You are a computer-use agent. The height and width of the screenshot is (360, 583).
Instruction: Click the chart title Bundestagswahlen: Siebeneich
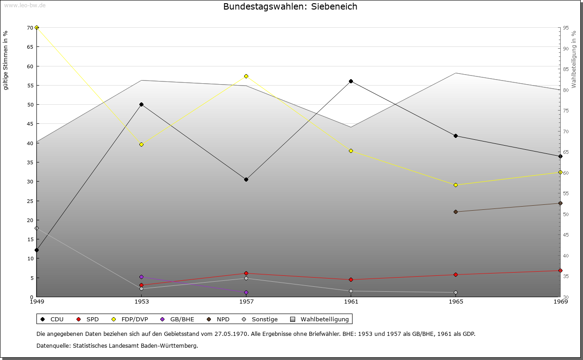point(290,7)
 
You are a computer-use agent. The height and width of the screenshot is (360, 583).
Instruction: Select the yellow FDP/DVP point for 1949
point(36,28)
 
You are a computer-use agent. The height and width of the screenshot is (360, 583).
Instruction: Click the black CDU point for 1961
point(351,81)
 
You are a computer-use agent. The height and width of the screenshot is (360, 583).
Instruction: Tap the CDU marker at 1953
point(141,104)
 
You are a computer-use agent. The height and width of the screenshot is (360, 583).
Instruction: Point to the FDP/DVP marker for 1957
point(246,76)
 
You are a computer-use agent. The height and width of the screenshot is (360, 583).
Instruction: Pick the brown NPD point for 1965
point(455,212)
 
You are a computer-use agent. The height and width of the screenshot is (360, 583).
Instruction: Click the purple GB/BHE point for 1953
point(141,277)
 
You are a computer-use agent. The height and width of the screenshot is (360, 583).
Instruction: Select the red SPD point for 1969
point(560,270)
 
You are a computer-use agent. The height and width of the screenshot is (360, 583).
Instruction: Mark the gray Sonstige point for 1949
point(36,228)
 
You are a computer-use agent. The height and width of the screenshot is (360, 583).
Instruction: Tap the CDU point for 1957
point(246,179)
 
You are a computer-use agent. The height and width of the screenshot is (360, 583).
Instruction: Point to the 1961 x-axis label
point(351,301)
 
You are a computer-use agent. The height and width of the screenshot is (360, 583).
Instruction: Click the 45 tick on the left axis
point(30,124)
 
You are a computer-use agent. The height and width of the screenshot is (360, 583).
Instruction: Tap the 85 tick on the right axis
point(565,69)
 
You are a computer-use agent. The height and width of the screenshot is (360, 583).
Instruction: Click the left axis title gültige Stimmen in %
point(5,60)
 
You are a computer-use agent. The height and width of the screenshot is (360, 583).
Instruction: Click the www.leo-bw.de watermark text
point(23,5)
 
